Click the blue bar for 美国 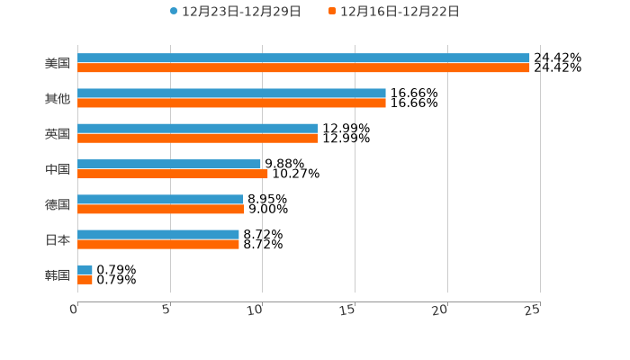pos(303,58)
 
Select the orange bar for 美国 pos(303,67)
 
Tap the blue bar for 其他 pos(231,94)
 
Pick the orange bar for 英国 pos(198,139)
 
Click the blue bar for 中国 pos(169,164)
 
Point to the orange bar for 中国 pos(173,174)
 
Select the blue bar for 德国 pos(160,200)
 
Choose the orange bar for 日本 pos(158,245)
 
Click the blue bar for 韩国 pos(85,270)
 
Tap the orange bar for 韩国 pos(85,280)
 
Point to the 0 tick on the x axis pos(75,310)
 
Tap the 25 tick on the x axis pos(533,310)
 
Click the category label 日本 pos(58,240)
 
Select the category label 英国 pos(58,134)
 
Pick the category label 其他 pos(58,99)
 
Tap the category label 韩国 pos(58,275)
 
